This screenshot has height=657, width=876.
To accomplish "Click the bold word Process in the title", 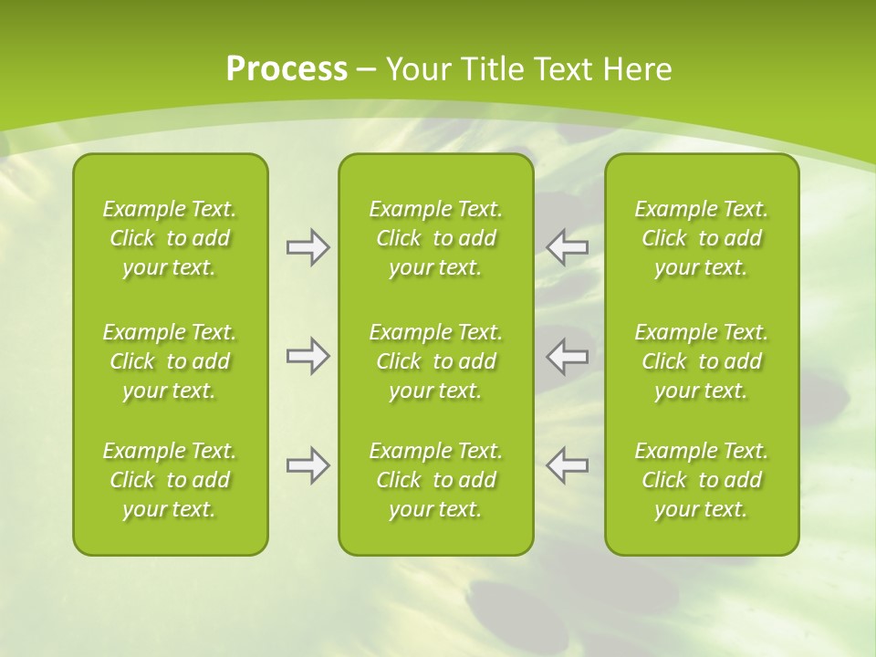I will point(287,69).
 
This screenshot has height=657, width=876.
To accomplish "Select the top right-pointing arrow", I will point(308,247).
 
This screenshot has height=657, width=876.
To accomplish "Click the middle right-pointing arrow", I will point(308,356).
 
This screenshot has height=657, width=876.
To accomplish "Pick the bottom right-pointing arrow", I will point(308,465).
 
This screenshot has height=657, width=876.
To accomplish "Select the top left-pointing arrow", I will point(568,246).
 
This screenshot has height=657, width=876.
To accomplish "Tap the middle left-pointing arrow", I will point(568,356).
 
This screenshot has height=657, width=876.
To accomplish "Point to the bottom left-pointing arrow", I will point(568,465).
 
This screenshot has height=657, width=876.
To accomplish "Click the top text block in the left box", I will point(170,238).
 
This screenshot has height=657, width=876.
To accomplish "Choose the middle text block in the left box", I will point(170,361).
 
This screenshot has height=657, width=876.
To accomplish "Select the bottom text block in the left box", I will point(170,480).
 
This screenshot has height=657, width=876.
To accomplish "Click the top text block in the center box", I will point(436,238).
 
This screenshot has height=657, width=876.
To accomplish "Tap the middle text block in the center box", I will point(436,361).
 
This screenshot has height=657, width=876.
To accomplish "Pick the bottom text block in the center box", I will point(436,480).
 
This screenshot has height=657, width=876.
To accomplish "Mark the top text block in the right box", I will point(702,238).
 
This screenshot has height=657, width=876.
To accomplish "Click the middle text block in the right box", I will point(702,361).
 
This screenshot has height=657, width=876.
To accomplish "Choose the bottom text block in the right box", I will point(702,480).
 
